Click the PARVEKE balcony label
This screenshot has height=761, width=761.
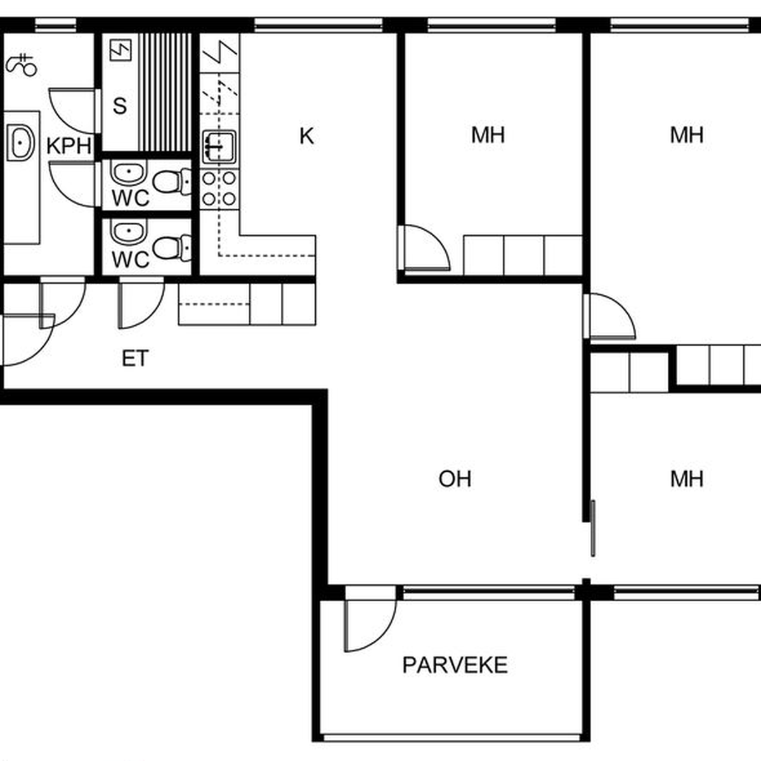pos(455,665)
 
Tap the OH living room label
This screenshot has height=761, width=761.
pos(455,479)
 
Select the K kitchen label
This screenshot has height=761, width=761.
pos(307,136)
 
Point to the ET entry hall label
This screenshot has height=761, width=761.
pos(135,358)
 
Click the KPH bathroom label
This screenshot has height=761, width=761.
pos(69,146)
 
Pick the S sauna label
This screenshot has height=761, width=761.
pos(120,106)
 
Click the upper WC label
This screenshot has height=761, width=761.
pos(131,198)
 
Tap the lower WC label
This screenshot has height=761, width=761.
pos(131,259)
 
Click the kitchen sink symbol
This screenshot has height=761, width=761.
pos(219,148)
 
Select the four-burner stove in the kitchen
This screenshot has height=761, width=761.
pos(219,189)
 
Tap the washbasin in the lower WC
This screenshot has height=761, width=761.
pos(129,232)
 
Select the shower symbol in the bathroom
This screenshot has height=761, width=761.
pos(22,65)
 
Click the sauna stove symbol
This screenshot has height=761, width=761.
pos(120,49)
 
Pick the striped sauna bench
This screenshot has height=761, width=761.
pos(165,93)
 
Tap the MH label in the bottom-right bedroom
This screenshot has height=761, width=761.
pos(687,479)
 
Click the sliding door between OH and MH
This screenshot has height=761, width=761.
pos(593,528)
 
